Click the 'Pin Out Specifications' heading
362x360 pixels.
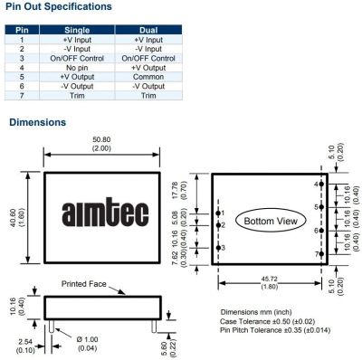[59, 6]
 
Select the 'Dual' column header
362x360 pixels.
[148, 30]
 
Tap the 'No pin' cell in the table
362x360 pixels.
[77, 68]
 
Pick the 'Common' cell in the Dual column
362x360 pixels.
[148, 77]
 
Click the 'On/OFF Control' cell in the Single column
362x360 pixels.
[77, 59]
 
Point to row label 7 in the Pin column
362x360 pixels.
[22, 96]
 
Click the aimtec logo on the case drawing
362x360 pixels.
[105, 212]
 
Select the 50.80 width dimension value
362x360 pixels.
[101, 139]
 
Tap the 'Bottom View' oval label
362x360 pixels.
[271, 221]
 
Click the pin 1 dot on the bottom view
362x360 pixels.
[218, 213]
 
